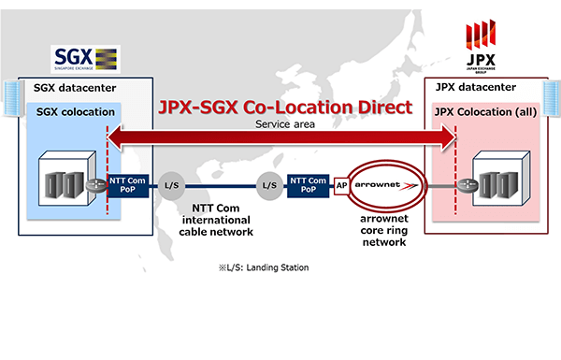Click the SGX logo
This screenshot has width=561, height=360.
pyautogui.click(x=82, y=59)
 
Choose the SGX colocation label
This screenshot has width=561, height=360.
pyautogui.click(x=75, y=112)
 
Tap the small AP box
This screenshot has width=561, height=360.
pyautogui.click(x=342, y=186)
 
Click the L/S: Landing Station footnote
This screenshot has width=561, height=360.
pyautogui.click(x=263, y=268)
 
